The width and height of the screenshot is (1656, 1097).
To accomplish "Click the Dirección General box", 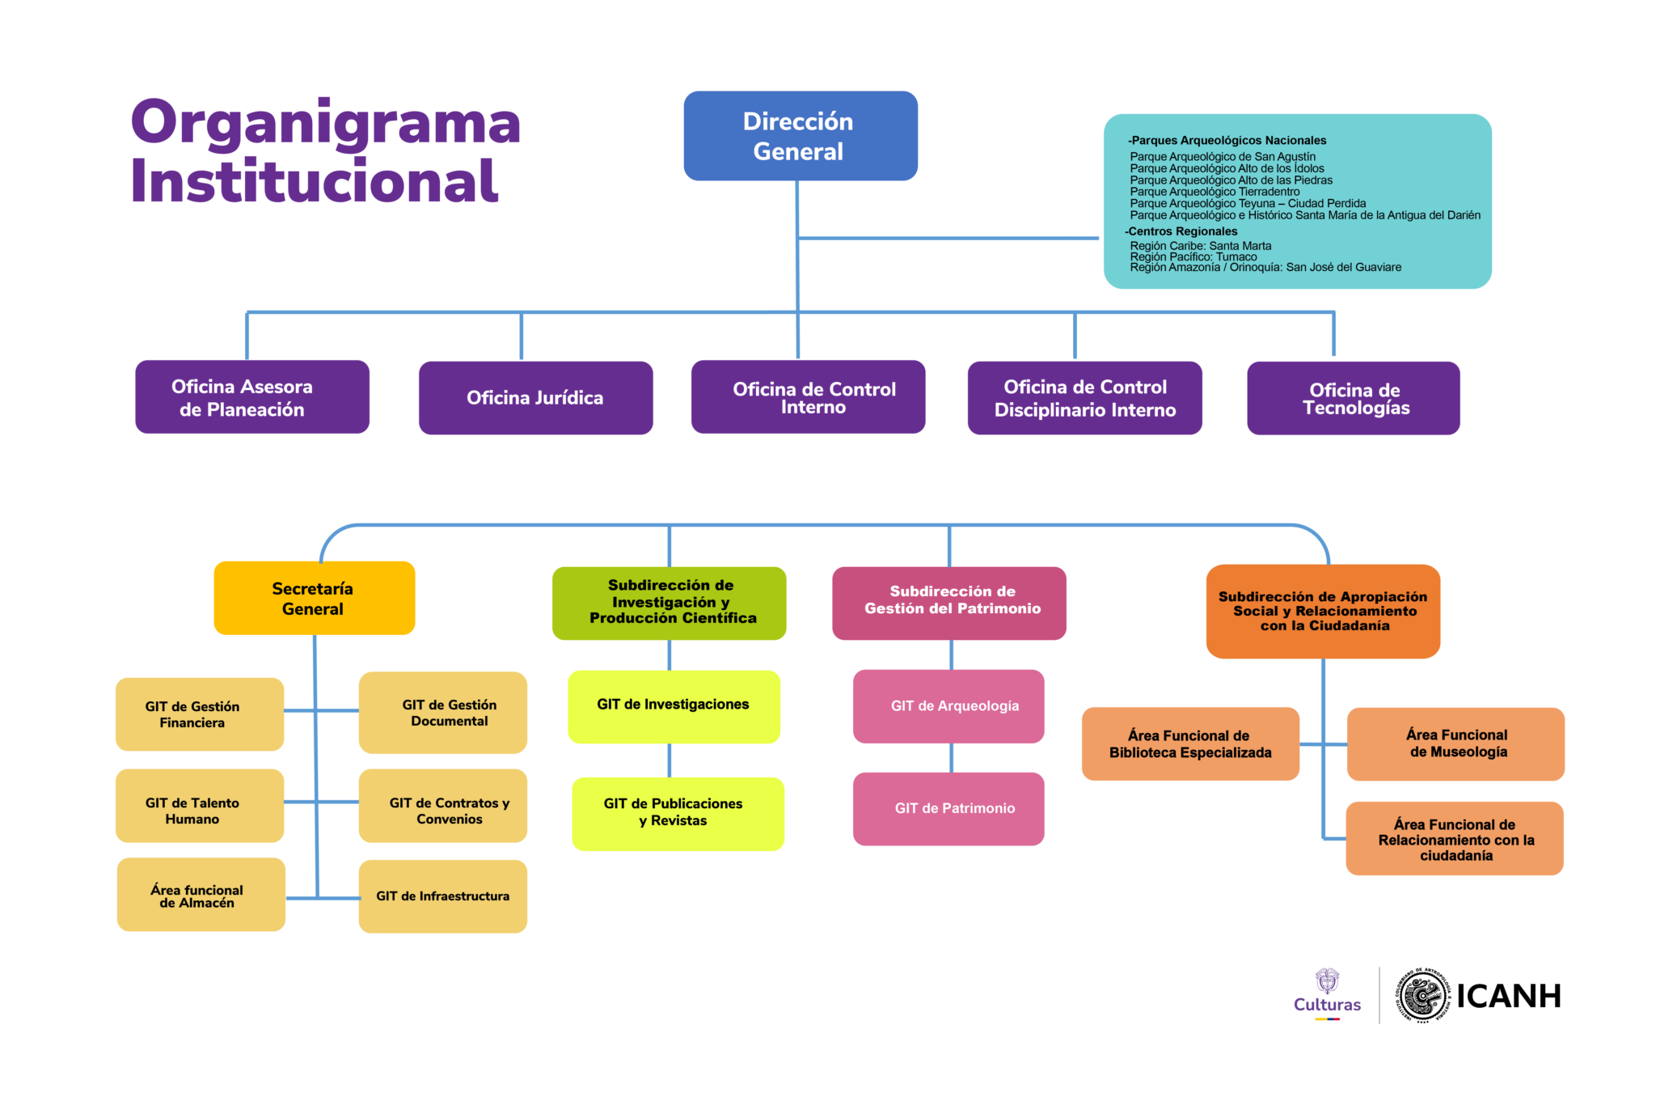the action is (801, 136).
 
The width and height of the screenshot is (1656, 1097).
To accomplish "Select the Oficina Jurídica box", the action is (535, 397).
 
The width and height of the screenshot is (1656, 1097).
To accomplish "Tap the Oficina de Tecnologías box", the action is (1354, 398).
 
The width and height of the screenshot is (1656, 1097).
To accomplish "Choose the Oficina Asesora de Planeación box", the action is (252, 396).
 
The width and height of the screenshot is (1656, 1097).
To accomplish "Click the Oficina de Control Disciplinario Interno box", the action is (1085, 397).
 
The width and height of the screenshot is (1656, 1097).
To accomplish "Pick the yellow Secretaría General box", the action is (315, 598).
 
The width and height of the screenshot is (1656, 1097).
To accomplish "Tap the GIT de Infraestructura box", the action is (443, 896).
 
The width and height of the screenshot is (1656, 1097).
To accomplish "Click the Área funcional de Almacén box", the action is (201, 895).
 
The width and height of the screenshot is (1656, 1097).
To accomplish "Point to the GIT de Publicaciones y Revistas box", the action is (678, 814).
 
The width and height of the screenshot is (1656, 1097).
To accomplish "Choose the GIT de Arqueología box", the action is (948, 706).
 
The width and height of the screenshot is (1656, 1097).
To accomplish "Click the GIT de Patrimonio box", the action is (948, 809).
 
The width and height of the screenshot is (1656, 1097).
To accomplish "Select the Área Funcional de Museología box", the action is (1455, 744).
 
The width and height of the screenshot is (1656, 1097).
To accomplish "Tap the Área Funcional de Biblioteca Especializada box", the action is (1190, 743).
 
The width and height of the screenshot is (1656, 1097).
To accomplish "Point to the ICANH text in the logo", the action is (1509, 997).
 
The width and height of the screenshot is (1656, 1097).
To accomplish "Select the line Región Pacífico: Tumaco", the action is (1193, 257).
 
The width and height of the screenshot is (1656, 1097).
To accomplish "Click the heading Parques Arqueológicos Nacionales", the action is (1227, 141).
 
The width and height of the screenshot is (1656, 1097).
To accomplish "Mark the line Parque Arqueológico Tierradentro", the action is (1215, 192).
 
